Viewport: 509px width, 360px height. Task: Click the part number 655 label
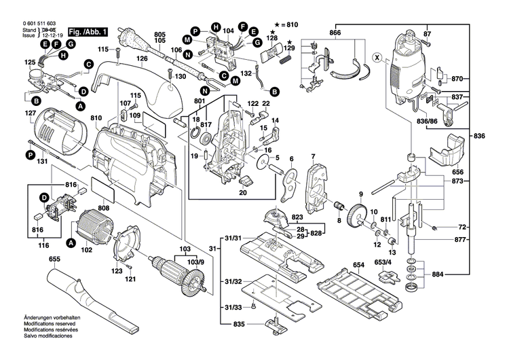[x=35, y=259]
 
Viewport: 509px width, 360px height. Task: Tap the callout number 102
[x=86, y=249]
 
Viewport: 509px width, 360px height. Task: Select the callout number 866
[x=335, y=33]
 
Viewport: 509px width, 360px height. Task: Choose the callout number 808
[x=104, y=209]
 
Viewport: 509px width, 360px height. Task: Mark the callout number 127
[x=31, y=113]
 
